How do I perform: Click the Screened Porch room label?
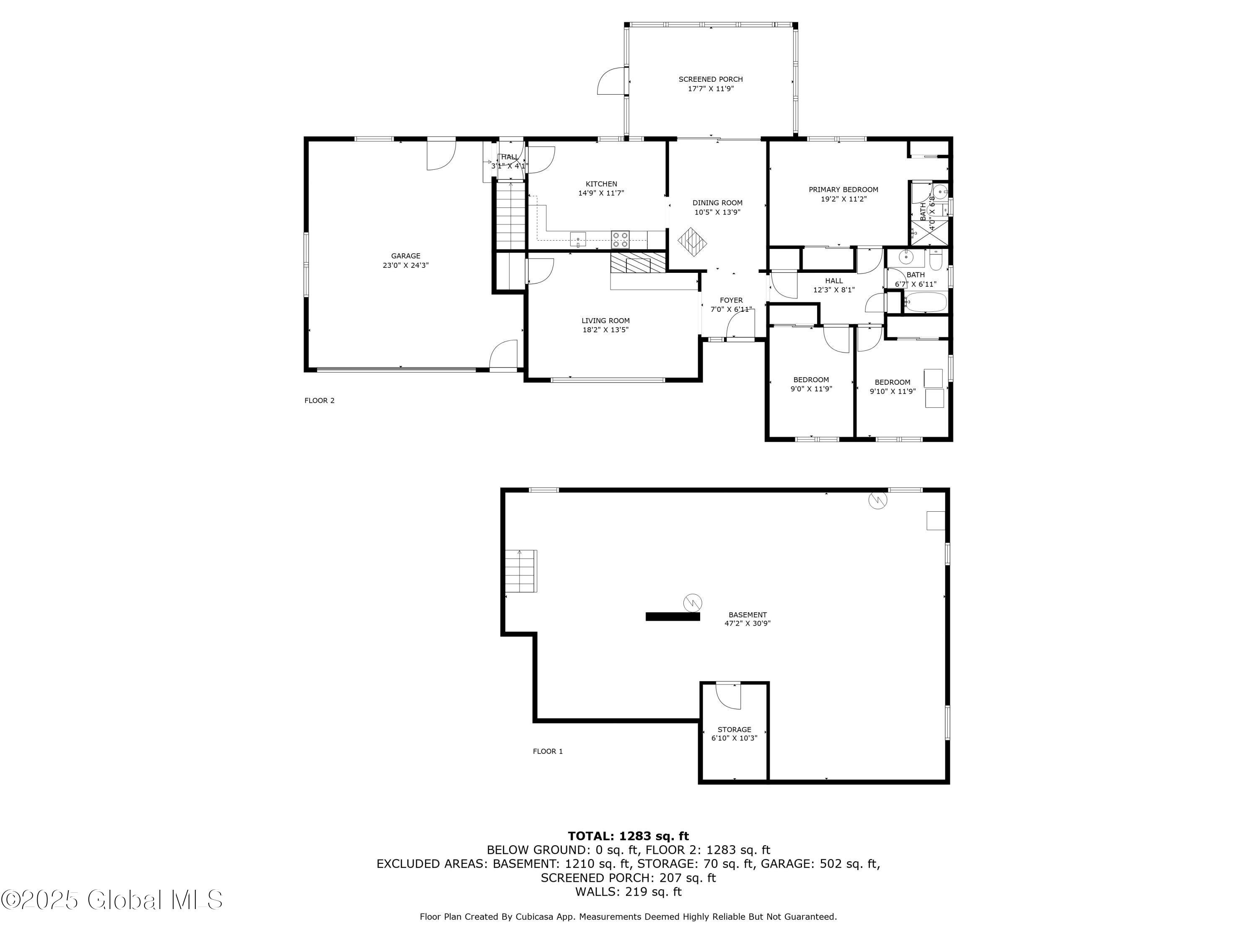point(710,80)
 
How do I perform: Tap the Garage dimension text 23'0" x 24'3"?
point(405,265)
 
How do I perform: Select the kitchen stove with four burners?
point(620,239)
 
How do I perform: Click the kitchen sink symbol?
point(578,239)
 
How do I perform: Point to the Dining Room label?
point(717,203)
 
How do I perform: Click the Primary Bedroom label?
point(843,190)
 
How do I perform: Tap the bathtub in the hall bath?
point(925,302)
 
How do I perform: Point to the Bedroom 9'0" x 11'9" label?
point(811,380)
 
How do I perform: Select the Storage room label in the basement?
point(734,729)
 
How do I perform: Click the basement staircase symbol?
point(522,571)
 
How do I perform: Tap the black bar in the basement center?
point(672,616)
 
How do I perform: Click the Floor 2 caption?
point(319,401)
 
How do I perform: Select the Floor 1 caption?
point(548,751)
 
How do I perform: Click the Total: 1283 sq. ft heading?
point(628,836)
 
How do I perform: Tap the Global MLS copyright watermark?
point(112,900)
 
